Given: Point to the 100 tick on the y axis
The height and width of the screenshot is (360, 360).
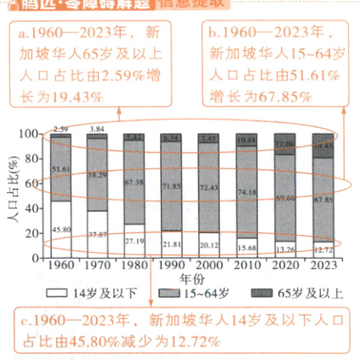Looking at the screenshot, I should tap(32, 134).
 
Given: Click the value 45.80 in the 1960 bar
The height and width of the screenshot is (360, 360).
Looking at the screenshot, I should tap(60, 229).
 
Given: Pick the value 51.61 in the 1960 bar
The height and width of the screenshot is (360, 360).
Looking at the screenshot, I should tap(60, 169).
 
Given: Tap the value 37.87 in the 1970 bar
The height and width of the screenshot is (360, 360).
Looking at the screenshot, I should tap(99, 235).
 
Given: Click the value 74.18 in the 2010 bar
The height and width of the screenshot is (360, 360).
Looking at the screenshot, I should tap(249, 193).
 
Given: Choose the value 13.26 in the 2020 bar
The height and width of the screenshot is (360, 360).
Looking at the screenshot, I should tap(286, 249).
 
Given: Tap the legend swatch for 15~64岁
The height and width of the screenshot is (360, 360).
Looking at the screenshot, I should tap(163, 292).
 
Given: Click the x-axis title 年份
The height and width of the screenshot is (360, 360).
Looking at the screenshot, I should tap(192, 278).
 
